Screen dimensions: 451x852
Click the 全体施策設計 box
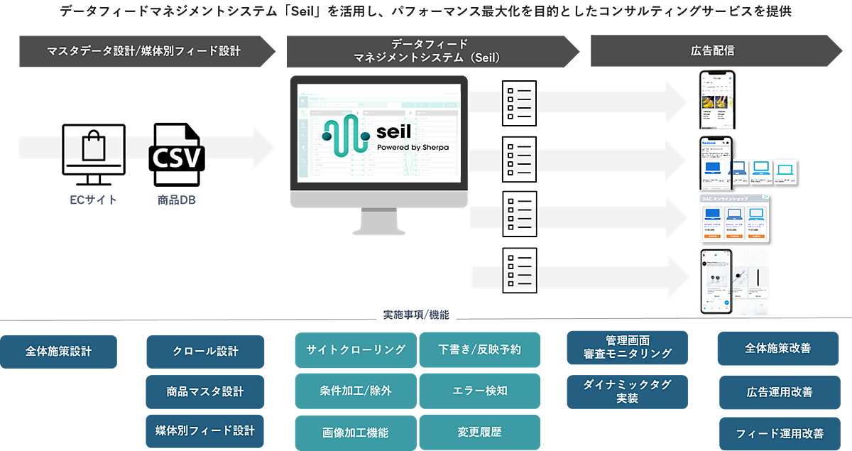[x=59, y=352]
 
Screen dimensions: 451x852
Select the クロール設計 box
[x=205, y=352]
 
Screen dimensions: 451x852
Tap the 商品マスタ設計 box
[x=205, y=391]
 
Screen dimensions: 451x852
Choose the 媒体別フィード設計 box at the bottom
[x=205, y=430]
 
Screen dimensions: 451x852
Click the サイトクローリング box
[x=356, y=349]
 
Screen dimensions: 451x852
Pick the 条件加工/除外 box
[x=356, y=391]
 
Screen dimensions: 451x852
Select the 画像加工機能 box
[x=356, y=432]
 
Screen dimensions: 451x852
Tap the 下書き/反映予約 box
[x=480, y=349]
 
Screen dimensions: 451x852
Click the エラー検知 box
[x=480, y=391]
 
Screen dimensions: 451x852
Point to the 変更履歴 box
[x=480, y=432]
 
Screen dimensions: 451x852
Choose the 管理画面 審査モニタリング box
[x=627, y=347]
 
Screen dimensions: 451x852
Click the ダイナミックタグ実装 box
[x=627, y=391]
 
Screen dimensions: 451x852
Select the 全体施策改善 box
[x=778, y=349]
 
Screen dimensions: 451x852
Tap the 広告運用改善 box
[x=778, y=392]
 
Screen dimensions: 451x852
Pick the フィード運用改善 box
[x=778, y=433]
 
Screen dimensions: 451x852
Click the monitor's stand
[x=378, y=222]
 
